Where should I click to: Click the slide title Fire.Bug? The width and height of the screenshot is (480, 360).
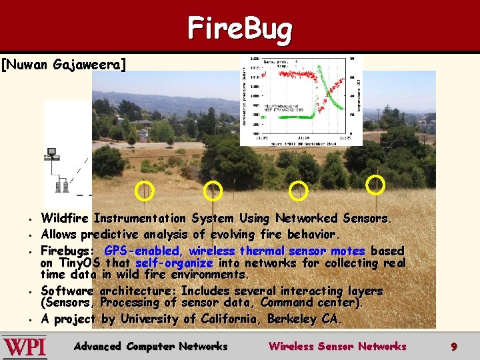pyautogui.click(x=239, y=29)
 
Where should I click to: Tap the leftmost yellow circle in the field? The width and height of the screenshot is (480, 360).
pyautogui.click(x=144, y=191)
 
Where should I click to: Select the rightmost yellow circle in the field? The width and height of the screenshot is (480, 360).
pyautogui.click(x=376, y=184)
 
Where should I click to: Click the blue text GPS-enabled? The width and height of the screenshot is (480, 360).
pyautogui.click(x=142, y=251)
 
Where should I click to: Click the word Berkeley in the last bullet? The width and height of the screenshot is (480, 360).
pyautogui.click(x=293, y=319)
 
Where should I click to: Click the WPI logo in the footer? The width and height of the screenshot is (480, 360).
pyautogui.click(x=25, y=347)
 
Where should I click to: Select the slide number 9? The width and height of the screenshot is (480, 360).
pyautogui.click(x=453, y=347)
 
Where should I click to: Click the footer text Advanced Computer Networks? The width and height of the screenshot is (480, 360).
pyautogui.click(x=151, y=347)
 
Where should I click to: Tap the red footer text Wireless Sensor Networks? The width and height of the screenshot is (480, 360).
pyautogui.click(x=337, y=347)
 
